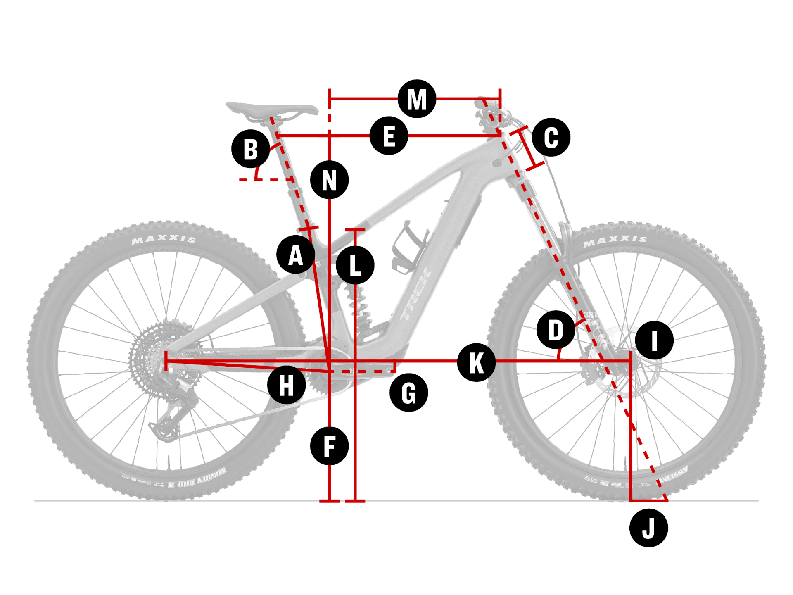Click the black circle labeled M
coord(417,99)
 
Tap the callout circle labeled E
coord(389,136)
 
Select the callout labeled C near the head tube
coord(551,137)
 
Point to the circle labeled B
coord(251,149)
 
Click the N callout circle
coord(329,180)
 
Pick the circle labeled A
coord(296,255)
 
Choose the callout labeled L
coord(355,265)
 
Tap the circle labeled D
coord(556,330)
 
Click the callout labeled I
coord(654,340)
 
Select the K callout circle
coord(476,362)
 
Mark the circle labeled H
coord(286,385)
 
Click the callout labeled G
coord(408,393)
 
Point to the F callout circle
coord(329,446)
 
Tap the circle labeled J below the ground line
coord(648,528)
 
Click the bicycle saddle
coord(273,109)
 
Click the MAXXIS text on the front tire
coord(615,240)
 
